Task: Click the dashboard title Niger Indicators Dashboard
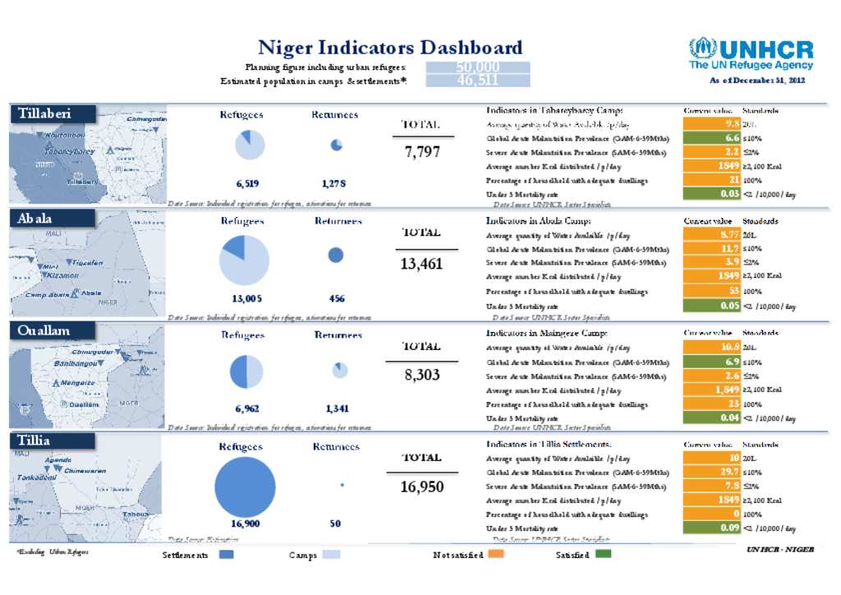390,48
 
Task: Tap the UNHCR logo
751,53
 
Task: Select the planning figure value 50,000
477,67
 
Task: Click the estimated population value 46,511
477,81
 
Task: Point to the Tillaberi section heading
45,114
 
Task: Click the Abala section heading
34,219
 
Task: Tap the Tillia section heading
34,441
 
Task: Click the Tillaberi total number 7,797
422,152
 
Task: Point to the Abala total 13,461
422,264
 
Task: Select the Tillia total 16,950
422,487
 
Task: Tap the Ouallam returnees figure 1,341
336,408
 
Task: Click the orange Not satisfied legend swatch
495,556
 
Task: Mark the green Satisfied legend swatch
604,556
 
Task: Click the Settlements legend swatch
227,556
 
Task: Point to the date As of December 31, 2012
757,81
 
